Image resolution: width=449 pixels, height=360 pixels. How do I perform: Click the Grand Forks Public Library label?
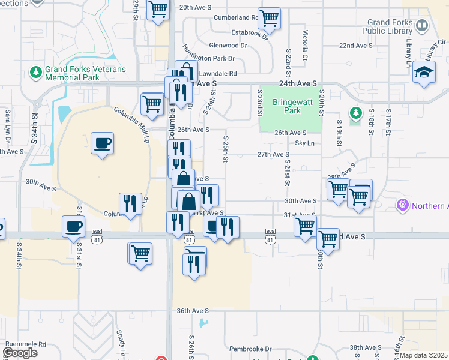click(x=387, y=26)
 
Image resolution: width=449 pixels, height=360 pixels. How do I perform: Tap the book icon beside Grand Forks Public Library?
click(x=421, y=25)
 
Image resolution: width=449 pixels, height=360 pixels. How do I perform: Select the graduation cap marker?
click(x=424, y=73)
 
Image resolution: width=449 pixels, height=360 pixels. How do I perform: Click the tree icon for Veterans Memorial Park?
click(x=35, y=73)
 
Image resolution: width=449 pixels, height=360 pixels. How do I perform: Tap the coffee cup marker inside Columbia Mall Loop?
click(x=102, y=144)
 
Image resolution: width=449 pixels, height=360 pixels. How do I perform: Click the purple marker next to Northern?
click(x=403, y=205)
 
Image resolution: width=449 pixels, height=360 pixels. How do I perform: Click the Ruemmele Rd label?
click(x=26, y=344)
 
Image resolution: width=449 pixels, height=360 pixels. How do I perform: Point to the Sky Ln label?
click(x=304, y=143)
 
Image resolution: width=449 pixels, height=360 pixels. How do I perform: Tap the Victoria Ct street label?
click(x=305, y=44)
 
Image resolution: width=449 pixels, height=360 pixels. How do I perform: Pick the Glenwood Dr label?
click(x=228, y=45)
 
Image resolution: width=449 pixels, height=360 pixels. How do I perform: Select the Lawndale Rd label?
click(x=215, y=73)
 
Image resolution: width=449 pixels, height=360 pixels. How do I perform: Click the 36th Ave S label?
click(x=193, y=311)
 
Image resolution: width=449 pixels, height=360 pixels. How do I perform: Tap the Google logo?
click(x=20, y=353)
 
